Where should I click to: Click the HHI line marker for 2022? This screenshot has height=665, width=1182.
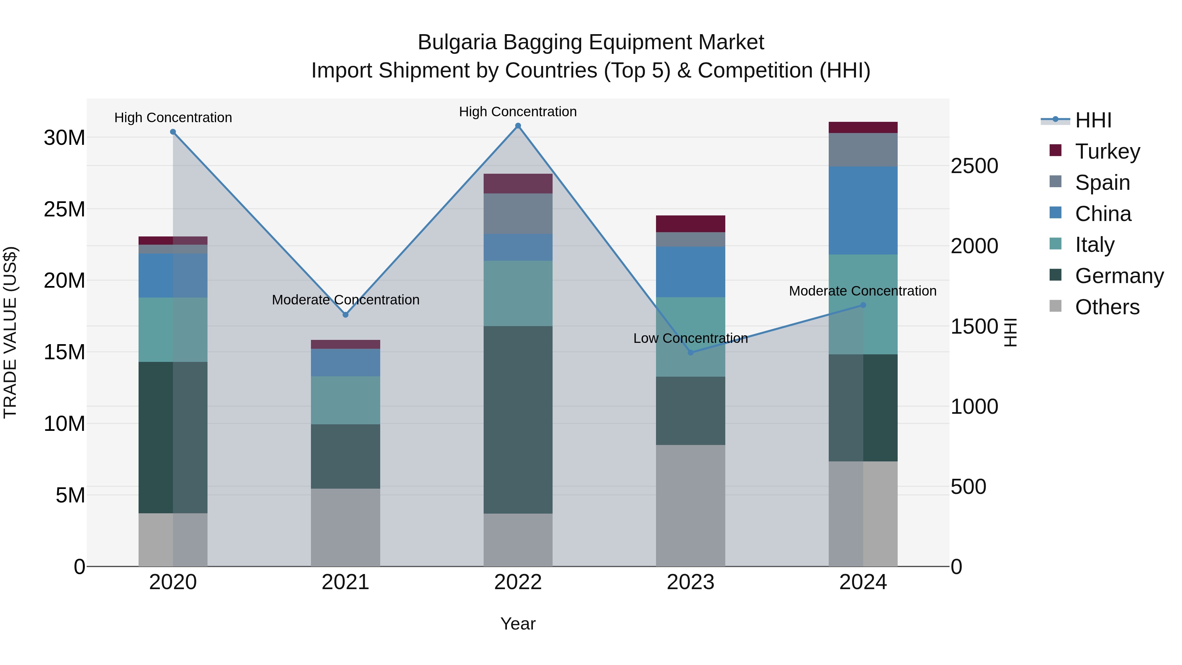(518, 126)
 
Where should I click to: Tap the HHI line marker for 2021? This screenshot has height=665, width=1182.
(345, 315)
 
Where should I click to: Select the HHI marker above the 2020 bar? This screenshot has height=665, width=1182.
(173, 132)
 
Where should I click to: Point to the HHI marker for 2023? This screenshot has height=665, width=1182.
(690, 352)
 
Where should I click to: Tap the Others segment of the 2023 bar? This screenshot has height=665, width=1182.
(690, 505)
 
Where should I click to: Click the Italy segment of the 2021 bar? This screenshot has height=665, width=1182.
(345, 400)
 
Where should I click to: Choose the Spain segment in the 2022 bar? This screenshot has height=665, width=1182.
(518, 213)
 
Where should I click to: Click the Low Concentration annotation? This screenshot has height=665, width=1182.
(690, 338)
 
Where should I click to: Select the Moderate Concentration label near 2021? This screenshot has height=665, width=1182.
(345, 300)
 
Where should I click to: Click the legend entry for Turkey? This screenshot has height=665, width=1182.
(1107, 151)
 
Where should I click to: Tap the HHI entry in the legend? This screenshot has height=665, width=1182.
(1093, 120)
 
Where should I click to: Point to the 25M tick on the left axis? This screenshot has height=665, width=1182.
(64, 209)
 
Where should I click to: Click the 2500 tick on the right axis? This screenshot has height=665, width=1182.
(974, 166)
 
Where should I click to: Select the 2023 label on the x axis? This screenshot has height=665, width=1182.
(690, 582)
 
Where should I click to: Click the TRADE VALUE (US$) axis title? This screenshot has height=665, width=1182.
(10, 332)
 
